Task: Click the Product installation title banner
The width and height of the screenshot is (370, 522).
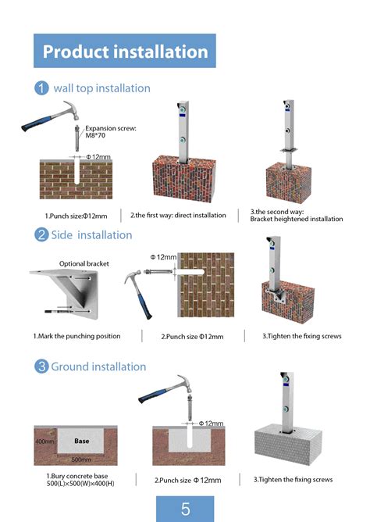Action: pos(125,52)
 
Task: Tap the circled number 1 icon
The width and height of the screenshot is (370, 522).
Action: pos(41,88)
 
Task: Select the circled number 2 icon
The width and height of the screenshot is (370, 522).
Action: pos(41,234)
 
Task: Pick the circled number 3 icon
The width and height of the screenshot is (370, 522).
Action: pos(41,366)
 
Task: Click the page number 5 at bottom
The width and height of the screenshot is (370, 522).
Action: pos(185,509)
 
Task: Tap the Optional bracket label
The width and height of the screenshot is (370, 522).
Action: pos(82,263)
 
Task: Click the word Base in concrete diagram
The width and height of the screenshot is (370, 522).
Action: pos(81,441)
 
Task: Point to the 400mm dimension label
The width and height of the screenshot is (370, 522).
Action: pos(44,442)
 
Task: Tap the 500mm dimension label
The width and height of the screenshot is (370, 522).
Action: pos(81,460)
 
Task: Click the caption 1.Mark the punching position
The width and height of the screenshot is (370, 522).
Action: pos(76,336)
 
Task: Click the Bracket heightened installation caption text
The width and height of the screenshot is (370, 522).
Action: pos(296,219)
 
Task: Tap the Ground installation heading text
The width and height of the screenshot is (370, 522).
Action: pos(98,366)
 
